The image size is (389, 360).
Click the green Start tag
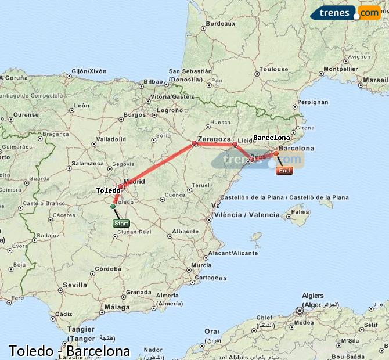[121, 224]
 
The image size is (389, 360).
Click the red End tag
[284, 171]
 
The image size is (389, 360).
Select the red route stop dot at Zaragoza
[195, 143]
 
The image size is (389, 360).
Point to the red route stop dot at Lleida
[235, 144]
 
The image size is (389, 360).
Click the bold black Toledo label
[108, 190]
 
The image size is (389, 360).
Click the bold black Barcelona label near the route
[271, 138]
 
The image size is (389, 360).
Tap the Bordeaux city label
[221, 24]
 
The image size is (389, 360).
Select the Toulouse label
[273, 69]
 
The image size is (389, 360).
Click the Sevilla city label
[75, 285]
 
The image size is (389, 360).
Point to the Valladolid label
[111, 139]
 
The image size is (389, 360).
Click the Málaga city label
[118, 307]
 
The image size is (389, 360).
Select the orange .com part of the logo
[369, 13]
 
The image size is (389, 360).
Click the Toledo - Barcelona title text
[69, 351]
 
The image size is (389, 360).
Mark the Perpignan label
[312, 102]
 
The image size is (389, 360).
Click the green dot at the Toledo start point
[113, 206]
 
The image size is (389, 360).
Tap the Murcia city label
[201, 265]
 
